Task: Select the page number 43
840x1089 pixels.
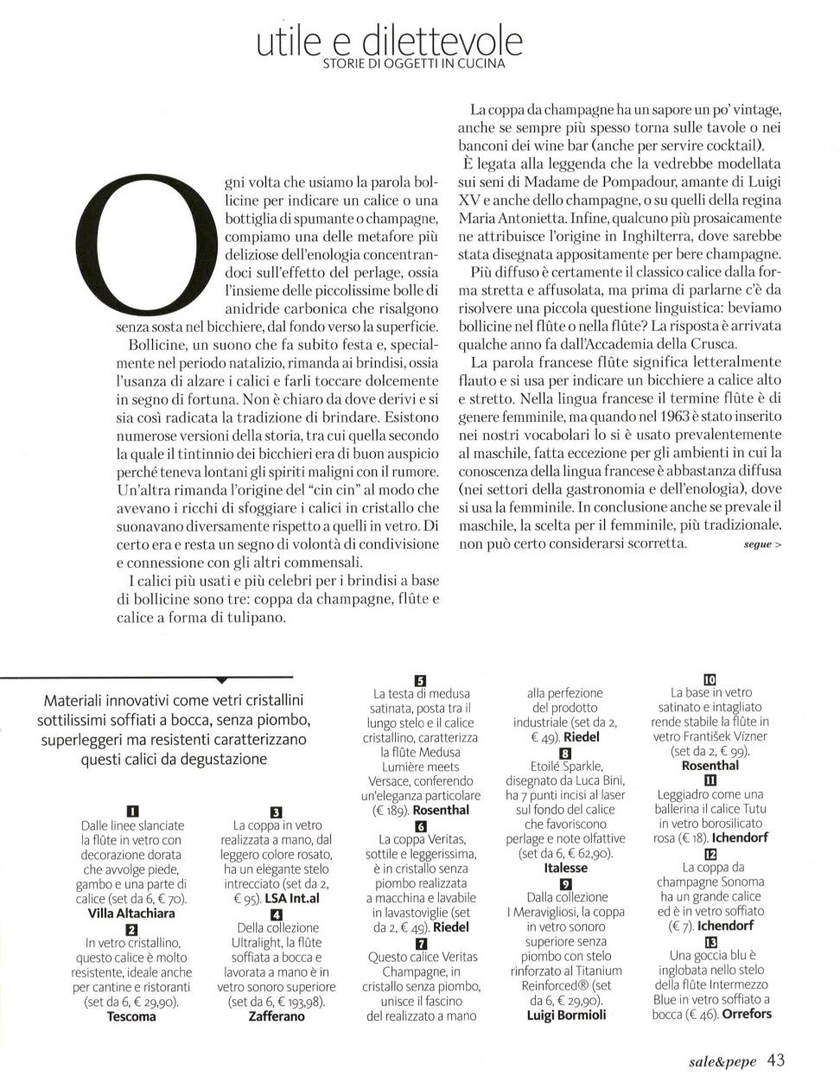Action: point(775,1060)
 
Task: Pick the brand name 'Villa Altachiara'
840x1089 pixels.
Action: point(131,913)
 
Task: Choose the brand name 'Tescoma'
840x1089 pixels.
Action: point(131,1016)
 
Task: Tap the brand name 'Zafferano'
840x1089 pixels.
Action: point(277,1016)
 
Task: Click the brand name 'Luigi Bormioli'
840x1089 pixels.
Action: point(566,1016)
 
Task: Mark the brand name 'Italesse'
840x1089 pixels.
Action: point(566,868)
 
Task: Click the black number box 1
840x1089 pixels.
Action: point(132,811)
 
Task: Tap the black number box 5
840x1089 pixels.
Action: point(421,679)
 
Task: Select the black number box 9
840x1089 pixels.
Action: point(566,883)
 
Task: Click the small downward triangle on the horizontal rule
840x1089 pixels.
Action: point(222,680)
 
